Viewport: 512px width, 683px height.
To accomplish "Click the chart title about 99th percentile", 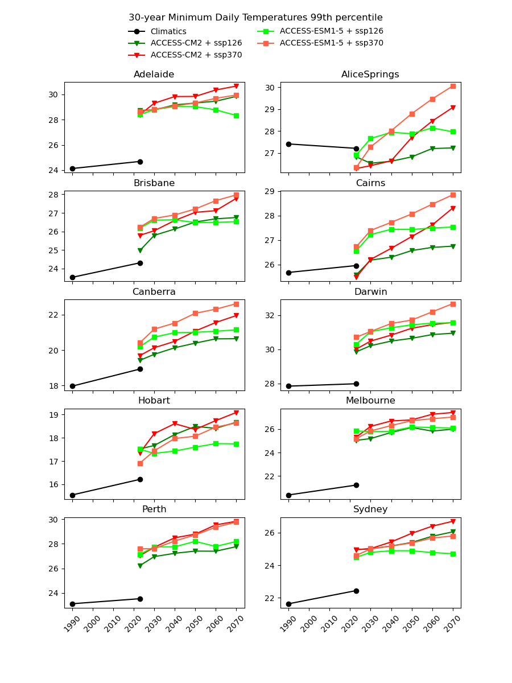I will point(255,18).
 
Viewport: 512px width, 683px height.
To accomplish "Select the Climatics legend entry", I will point(168,32).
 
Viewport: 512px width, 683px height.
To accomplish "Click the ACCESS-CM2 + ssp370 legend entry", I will point(196,55).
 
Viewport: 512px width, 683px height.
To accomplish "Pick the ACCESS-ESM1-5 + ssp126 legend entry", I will point(331,31).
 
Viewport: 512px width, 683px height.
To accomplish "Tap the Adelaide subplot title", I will point(154,75).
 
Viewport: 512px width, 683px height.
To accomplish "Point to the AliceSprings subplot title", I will point(370,75).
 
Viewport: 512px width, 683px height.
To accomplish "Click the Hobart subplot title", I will point(154,401).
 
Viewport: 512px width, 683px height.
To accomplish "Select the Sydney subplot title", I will point(370,509).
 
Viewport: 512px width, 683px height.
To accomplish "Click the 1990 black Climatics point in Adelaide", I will point(72,168).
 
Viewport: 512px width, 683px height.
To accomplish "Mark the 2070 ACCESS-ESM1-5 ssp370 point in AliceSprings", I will point(453,86).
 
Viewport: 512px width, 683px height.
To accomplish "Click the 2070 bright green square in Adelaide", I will point(236,116).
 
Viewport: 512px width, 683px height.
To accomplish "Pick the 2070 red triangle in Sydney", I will point(453,521).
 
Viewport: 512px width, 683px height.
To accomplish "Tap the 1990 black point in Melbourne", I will point(288,495).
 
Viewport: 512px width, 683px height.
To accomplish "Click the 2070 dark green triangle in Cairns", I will point(453,246).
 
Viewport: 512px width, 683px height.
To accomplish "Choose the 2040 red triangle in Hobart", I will point(175,423).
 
